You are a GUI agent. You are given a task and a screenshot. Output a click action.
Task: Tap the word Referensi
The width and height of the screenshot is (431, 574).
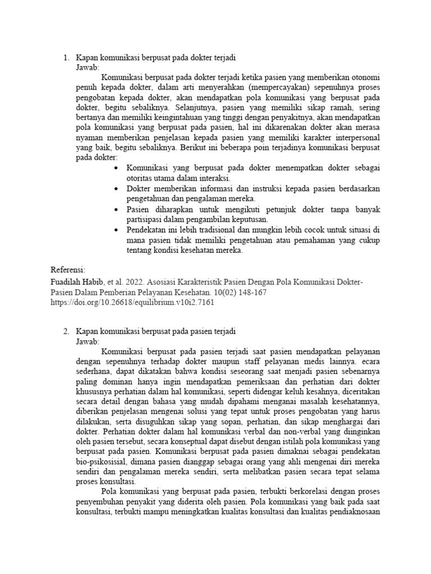click(x=67, y=269)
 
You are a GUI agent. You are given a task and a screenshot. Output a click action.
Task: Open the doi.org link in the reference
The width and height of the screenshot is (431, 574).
click(x=132, y=302)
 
